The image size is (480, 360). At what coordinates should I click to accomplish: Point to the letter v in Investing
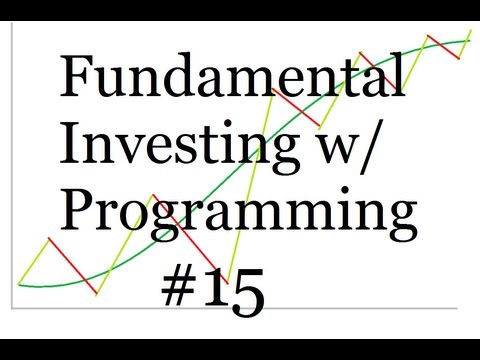click(x=130, y=151)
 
